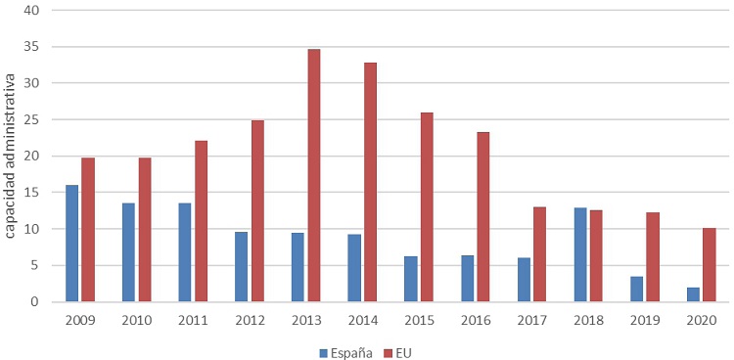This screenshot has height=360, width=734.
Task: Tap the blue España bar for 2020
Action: (694, 294)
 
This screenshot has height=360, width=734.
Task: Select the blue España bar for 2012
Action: (242, 266)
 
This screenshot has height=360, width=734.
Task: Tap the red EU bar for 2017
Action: (540, 253)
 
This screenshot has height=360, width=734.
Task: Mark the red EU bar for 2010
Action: (145, 229)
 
